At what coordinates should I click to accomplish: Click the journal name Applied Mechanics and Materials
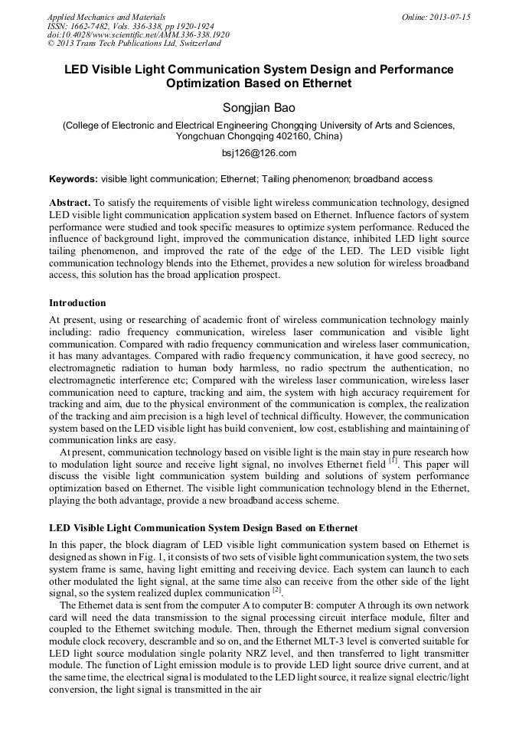106,17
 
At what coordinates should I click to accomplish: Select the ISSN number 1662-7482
95,26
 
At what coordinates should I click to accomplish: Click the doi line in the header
139,34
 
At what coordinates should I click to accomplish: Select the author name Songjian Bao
259,107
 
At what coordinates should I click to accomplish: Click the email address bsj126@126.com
259,153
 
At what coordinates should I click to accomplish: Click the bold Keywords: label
73,179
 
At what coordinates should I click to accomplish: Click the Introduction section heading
77,303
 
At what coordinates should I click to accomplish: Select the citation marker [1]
392,461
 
